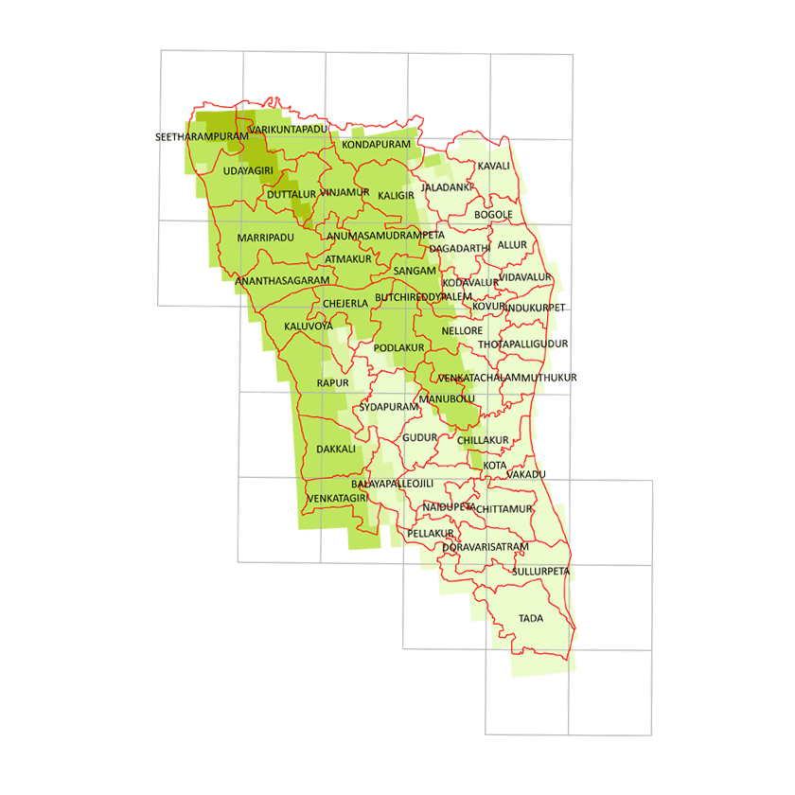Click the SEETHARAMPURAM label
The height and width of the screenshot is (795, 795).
point(202,137)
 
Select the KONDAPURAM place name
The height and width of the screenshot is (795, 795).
point(377,145)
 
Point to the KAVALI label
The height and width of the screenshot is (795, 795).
point(494,166)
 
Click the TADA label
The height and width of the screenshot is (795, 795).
point(530,618)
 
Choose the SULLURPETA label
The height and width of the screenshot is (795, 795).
point(540,572)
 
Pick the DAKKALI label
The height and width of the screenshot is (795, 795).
point(336,449)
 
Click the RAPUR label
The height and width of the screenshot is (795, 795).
point(333,382)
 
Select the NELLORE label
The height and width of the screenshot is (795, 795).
point(462,331)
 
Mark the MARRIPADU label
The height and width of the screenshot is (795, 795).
point(266,237)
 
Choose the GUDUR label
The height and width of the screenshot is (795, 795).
point(420,437)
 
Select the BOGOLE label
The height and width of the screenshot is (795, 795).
point(493,215)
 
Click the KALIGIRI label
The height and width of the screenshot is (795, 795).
point(396,195)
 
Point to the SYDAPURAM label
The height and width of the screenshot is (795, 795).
point(388,407)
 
